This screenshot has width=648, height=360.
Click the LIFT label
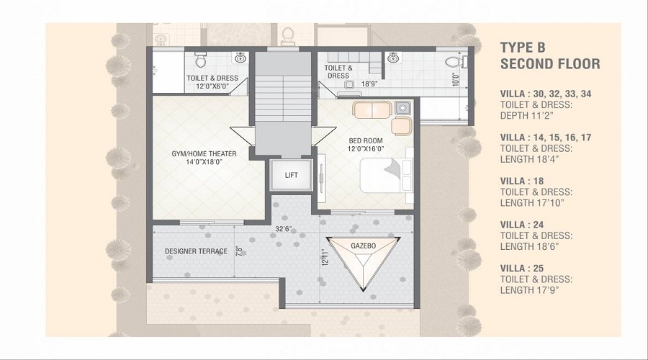292,175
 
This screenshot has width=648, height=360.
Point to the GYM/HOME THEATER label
196,153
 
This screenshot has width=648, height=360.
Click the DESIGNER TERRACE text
196,251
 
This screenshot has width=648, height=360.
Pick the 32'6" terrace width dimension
282,228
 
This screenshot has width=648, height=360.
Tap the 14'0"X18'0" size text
196,162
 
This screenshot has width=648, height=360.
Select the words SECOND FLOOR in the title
549,64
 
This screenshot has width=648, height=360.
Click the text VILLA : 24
526,224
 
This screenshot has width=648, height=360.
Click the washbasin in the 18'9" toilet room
393,58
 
